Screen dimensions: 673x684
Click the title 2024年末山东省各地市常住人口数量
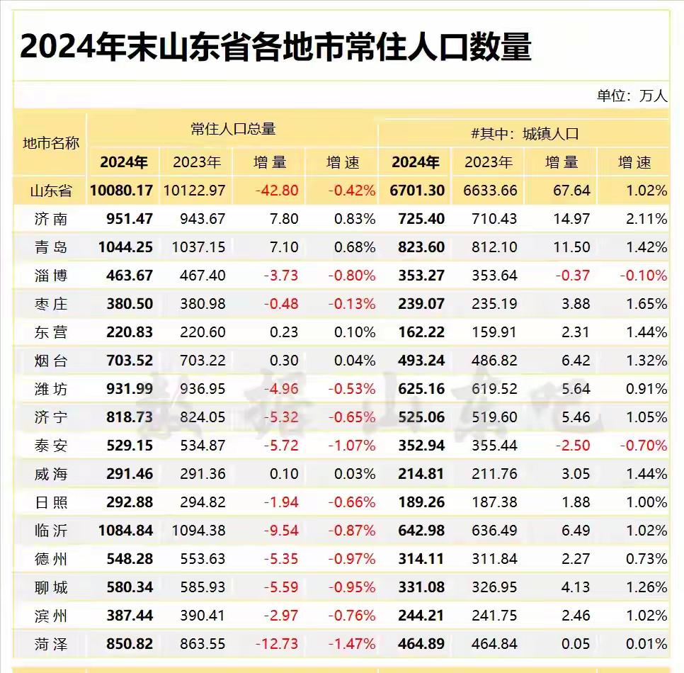(x=275, y=47)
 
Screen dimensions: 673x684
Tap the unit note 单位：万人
(x=632, y=96)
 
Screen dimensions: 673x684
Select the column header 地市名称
(x=51, y=143)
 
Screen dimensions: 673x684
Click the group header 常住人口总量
(x=233, y=129)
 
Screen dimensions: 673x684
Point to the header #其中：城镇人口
(x=525, y=133)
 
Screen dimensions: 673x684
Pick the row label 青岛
(x=51, y=247)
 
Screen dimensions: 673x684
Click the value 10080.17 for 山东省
(x=122, y=191)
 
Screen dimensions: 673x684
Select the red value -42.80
(x=278, y=191)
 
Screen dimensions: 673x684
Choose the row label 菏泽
(x=51, y=644)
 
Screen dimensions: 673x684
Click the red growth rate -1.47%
(x=351, y=644)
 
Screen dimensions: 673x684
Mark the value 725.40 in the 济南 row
(x=421, y=219)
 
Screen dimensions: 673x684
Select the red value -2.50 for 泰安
(x=573, y=446)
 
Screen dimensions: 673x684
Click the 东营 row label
(x=51, y=332)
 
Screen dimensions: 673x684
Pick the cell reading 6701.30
(x=418, y=191)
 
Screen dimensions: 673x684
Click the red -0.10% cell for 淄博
(x=643, y=276)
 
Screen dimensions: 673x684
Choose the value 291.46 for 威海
(x=130, y=474)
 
